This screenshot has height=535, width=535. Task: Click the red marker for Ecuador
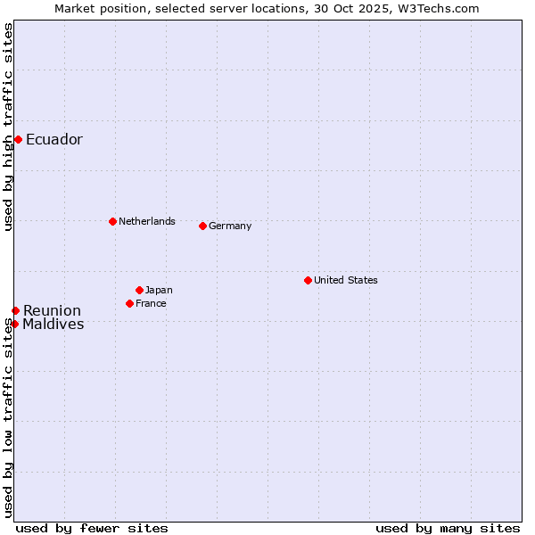(18, 139)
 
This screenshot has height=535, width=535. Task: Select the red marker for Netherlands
(112, 221)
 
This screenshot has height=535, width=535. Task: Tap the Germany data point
(202, 226)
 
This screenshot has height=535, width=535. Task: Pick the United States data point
(308, 280)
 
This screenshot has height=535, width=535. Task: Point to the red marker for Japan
(139, 290)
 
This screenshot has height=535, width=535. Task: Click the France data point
(129, 303)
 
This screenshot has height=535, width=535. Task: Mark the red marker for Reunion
(15, 310)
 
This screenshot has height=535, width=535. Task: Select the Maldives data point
(14, 324)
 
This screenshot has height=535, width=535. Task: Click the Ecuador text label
(54, 139)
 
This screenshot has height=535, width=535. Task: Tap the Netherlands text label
(147, 221)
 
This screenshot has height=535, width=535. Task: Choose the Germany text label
(230, 226)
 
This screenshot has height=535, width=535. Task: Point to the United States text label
(346, 280)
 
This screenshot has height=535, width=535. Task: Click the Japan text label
(159, 290)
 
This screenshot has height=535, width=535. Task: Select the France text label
(151, 303)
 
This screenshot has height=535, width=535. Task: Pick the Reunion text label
(52, 310)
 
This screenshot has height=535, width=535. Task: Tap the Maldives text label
(53, 324)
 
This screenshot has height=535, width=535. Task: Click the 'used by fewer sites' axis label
(92, 528)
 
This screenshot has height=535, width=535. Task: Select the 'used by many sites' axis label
(448, 528)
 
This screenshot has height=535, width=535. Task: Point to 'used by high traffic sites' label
(8, 127)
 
